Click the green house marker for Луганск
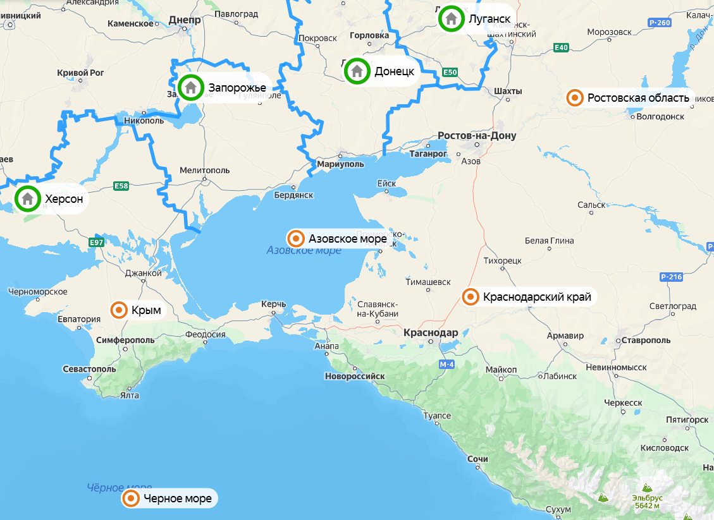[451, 18]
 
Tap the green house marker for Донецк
[357, 71]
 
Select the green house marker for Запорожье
[190, 88]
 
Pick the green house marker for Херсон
[27, 199]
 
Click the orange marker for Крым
[119, 310]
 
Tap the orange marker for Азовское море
[295, 239]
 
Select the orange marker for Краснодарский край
[471, 296]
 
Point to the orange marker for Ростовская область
[575, 98]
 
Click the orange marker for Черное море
[131, 499]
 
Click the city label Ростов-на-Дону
[477, 136]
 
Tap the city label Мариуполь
[340, 164]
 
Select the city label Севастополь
[89, 368]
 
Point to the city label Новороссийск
[355, 376]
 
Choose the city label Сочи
[478, 459]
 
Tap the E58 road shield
[121, 186]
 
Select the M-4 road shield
[447, 365]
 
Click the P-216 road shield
[671, 277]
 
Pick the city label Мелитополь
[204, 170]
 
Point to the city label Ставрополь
[645, 340]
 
